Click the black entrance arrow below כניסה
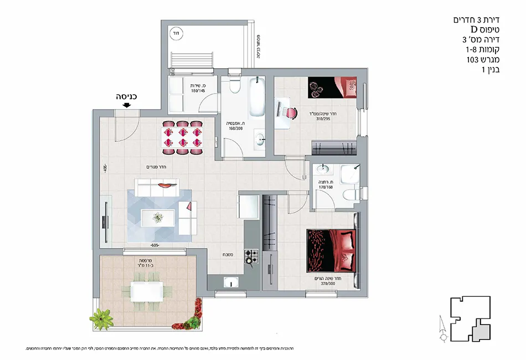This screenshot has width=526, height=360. pos(128,105)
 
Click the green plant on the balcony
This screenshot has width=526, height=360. pos(101,318)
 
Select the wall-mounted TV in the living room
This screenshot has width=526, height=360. pos(104,222)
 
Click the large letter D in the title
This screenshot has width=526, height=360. pos(474,29)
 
